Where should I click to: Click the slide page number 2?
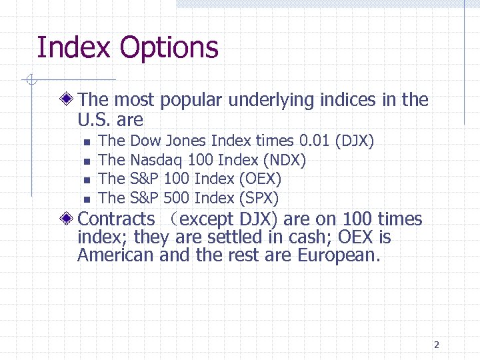tap(436, 345)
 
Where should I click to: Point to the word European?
tap(339, 255)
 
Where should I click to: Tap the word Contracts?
tap(116, 219)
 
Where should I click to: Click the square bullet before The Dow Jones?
tap(87, 142)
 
